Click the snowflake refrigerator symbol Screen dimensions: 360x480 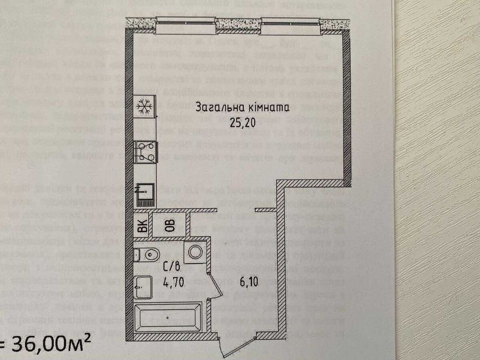144,106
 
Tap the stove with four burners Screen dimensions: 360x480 144,152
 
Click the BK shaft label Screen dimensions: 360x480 142,227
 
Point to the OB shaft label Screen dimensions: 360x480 170,226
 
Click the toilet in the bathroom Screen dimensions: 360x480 148,254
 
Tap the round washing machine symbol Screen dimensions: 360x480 196,252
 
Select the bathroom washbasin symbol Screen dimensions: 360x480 142,286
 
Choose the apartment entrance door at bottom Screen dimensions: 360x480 238,347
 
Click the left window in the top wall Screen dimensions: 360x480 186,26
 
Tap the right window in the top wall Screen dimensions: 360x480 291,26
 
